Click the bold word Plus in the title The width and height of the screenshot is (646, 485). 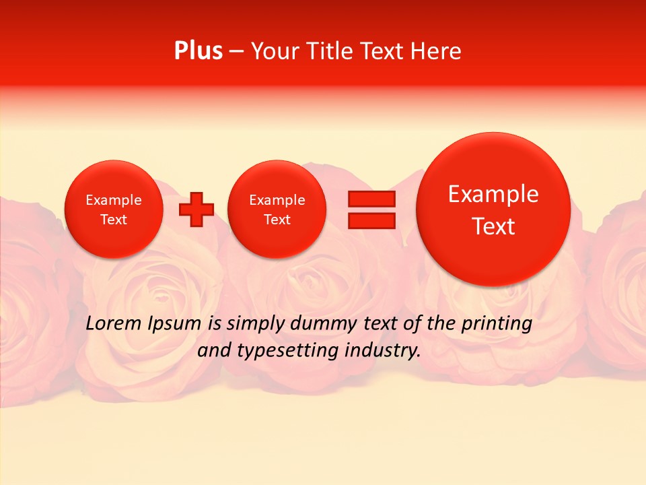pyautogui.click(x=198, y=51)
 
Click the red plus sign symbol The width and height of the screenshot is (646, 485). pyautogui.click(x=196, y=209)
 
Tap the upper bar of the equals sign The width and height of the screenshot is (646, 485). pyautogui.click(x=371, y=199)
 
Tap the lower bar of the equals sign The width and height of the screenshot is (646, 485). pyautogui.click(x=371, y=220)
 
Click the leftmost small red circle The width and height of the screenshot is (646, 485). pyautogui.click(x=114, y=209)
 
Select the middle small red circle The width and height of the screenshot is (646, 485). pyautogui.click(x=277, y=209)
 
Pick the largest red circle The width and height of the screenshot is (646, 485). pyautogui.click(x=493, y=209)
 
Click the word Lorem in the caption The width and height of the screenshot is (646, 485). pyautogui.click(x=115, y=324)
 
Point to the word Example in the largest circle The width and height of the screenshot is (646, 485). pyautogui.click(x=493, y=195)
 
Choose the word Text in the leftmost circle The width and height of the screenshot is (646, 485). pyautogui.click(x=114, y=220)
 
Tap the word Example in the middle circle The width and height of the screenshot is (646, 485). pyautogui.click(x=277, y=200)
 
